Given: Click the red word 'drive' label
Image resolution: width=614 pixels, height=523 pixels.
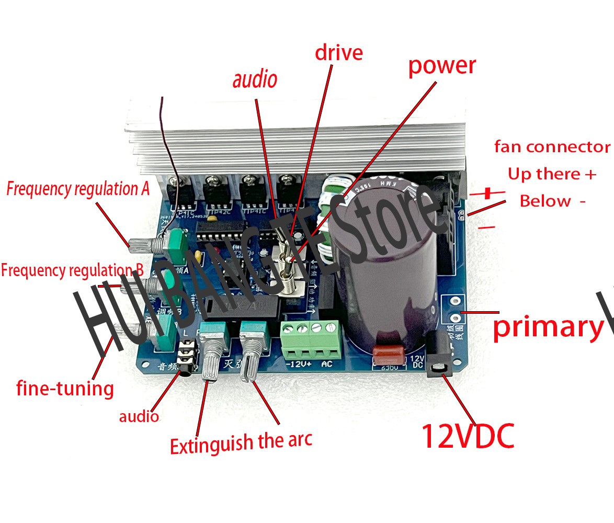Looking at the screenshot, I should (338, 53).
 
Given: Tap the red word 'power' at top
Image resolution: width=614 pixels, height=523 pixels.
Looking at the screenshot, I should (442, 66).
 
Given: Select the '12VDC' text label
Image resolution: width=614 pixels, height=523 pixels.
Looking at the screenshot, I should (468, 436).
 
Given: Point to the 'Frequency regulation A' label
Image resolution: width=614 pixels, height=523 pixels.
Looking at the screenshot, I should (78, 189).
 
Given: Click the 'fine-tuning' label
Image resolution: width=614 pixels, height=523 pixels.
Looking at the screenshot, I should (65, 388).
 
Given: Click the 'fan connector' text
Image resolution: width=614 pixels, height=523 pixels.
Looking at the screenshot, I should (552, 147).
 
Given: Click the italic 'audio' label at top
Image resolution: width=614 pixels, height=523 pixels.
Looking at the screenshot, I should (255, 80).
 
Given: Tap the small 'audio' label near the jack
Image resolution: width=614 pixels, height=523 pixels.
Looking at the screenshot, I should (139, 416).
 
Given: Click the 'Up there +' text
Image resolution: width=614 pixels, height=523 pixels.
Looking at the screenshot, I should (552, 174).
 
